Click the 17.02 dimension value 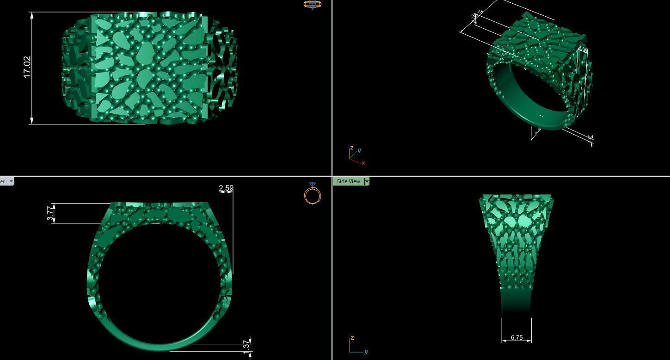(x=27, y=67)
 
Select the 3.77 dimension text (x=50, y=214)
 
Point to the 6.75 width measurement (x=516, y=338)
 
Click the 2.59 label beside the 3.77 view (x=226, y=188)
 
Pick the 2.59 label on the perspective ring (x=583, y=50)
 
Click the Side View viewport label (x=348, y=181)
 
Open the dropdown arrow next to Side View (x=367, y=181)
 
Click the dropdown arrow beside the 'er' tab (x=11, y=181)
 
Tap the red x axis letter (x=363, y=163)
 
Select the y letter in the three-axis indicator (x=359, y=150)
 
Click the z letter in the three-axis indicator (x=352, y=148)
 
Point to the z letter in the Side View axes (x=352, y=338)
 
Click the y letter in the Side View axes (x=366, y=352)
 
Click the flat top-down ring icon (x=312, y=5)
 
